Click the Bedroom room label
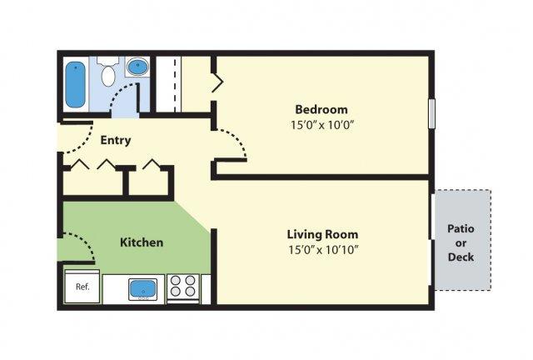(x=321, y=109)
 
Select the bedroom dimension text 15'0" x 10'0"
(x=322, y=125)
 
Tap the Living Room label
(x=322, y=234)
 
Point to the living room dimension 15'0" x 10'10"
(x=323, y=250)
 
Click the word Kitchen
(x=142, y=242)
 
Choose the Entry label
(x=116, y=140)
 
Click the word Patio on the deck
(x=461, y=228)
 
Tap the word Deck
(x=461, y=257)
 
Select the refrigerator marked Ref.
(x=82, y=287)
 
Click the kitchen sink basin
(x=143, y=289)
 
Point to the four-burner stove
(x=183, y=289)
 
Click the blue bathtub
(x=75, y=85)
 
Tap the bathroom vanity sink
(x=137, y=67)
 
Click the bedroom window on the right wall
(x=431, y=113)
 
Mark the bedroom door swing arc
(x=237, y=137)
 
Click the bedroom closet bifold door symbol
(x=217, y=82)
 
